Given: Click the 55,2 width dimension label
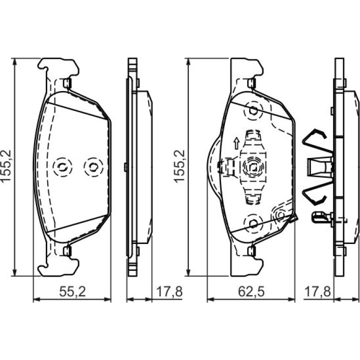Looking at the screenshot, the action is click(72, 292).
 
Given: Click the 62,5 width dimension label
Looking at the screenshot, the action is click(251, 292).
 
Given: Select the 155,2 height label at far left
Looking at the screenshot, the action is click(6, 166).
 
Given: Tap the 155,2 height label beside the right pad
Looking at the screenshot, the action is click(180, 166).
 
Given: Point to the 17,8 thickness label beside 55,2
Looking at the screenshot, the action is click(169, 292).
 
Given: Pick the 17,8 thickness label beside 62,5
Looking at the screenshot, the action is click(317, 292).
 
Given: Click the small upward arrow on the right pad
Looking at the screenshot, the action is click(236, 144).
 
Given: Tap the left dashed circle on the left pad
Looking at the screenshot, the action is click(63, 167).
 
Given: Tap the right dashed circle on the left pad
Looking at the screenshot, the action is click(94, 167).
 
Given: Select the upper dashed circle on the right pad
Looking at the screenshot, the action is click(253, 111).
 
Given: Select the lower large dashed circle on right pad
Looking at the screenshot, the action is click(253, 223).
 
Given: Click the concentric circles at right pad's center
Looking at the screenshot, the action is click(253, 167).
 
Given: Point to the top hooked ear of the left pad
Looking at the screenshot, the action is click(58, 67).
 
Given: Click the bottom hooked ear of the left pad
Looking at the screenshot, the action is click(58, 267).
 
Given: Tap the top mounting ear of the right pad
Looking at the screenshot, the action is click(247, 67).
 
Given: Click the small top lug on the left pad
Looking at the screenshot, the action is click(67, 83).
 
